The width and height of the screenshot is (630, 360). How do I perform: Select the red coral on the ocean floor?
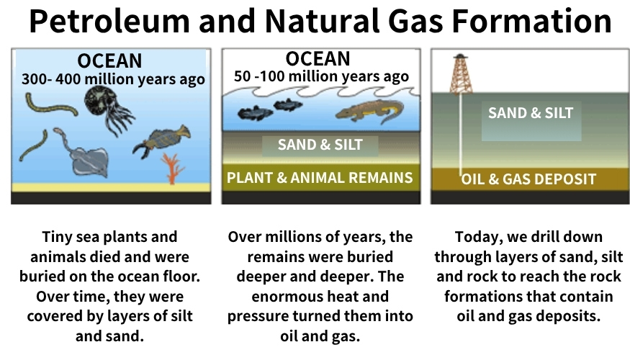click(173, 168)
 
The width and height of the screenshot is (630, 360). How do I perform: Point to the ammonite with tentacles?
click(108, 108)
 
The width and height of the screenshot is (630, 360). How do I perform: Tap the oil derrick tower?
click(461, 74)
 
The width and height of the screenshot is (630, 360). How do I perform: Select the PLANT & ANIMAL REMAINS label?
click(320, 178)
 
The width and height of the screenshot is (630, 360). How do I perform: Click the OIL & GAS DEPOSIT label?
click(528, 179)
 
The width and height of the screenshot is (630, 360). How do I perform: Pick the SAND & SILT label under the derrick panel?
click(531, 113)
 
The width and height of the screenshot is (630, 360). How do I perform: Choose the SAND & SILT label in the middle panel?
click(320, 145)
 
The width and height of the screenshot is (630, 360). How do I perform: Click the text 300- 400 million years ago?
click(113, 79)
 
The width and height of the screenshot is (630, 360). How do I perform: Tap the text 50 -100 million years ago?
click(321, 76)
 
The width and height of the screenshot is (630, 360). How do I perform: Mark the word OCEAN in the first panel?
click(109, 61)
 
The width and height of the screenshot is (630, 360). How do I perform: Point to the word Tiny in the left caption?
click(57, 238)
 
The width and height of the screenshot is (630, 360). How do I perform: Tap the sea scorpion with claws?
click(161, 142)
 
